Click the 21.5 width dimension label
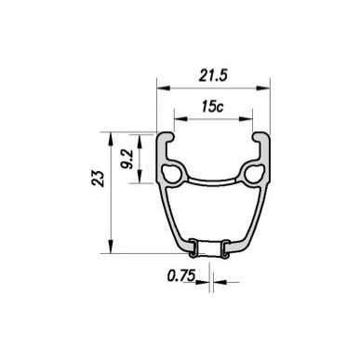click(x=213, y=75)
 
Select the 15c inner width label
click(x=212, y=106)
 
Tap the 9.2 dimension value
click(x=127, y=159)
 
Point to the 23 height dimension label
click(x=98, y=178)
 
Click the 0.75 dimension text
click(x=181, y=275)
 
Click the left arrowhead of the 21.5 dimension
click(x=164, y=88)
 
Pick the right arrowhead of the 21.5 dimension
click(x=263, y=88)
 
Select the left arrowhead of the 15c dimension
click(x=181, y=119)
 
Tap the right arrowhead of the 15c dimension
click(x=246, y=119)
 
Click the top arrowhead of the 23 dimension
click(x=111, y=139)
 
